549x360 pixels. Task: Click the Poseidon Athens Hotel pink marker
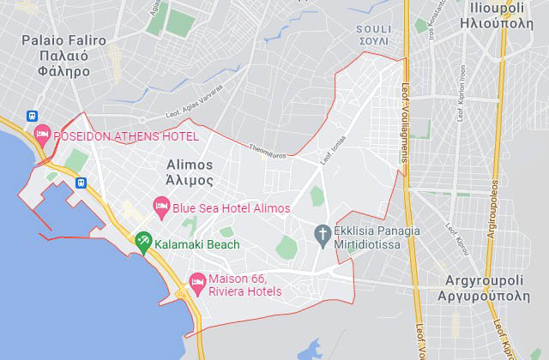tap(42, 135)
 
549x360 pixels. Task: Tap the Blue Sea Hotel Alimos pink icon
tap(160, 207)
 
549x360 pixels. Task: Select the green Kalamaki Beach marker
tap(143, 243)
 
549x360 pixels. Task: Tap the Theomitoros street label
tap(268, 149)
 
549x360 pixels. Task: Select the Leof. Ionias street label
tap(332, 152)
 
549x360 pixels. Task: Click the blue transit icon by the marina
tap(81, 182)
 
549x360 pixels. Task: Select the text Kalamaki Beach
tap(197, 244)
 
